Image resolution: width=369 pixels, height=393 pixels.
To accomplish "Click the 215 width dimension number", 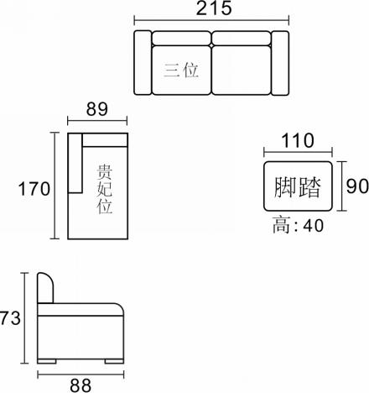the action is (x=214, y=8).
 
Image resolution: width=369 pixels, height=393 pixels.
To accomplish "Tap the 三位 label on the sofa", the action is (x=181, y=70).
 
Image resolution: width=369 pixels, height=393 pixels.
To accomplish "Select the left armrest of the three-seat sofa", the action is (x=143, y=63).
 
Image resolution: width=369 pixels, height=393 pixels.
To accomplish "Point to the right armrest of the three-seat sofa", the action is (x=280, y=63).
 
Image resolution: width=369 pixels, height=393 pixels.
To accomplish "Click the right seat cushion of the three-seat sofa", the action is (x=242, y=71).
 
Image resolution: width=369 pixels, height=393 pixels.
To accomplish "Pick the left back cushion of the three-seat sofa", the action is (x=182, y=38).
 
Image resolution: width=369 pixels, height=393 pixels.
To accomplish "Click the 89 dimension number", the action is (x=96, y=109).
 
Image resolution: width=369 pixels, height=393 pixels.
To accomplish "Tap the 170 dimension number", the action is (x=34, y=188).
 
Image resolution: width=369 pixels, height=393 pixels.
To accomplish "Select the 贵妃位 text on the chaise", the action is (x=105, y=189).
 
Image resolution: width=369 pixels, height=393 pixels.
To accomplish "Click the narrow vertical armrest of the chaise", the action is (x=75, y=163).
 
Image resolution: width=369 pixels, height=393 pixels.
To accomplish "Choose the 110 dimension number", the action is (x=298, y=140).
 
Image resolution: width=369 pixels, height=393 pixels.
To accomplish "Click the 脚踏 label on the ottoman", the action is (x=297, y=187).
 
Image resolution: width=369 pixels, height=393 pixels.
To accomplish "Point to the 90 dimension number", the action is (x=357, y=186).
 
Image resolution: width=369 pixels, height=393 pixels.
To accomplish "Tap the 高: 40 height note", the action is (x=298, y=225).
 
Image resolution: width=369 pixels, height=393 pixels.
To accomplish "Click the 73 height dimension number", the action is (x=10, y=318).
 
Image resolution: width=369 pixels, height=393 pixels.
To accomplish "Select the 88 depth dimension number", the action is (x=81, y=385).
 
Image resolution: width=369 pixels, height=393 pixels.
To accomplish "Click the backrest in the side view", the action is (x=45, y=288).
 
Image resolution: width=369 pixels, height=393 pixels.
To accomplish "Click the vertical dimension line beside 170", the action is (x=55, y=186).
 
